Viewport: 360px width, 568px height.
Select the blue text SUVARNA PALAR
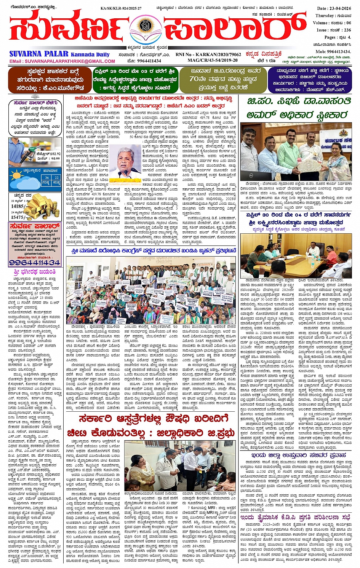pos(39,54)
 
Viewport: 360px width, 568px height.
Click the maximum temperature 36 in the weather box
pos(47,178)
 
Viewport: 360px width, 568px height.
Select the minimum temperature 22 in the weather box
pos(56,178)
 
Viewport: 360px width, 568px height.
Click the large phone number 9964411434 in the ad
pos(35,263)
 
